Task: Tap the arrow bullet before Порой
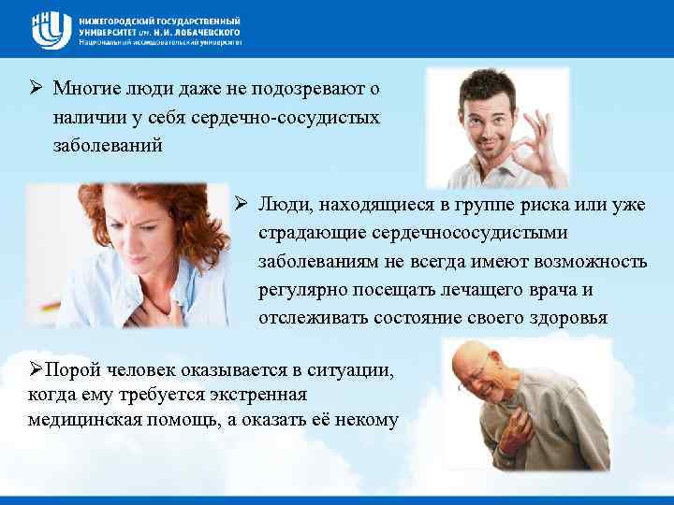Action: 36,370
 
